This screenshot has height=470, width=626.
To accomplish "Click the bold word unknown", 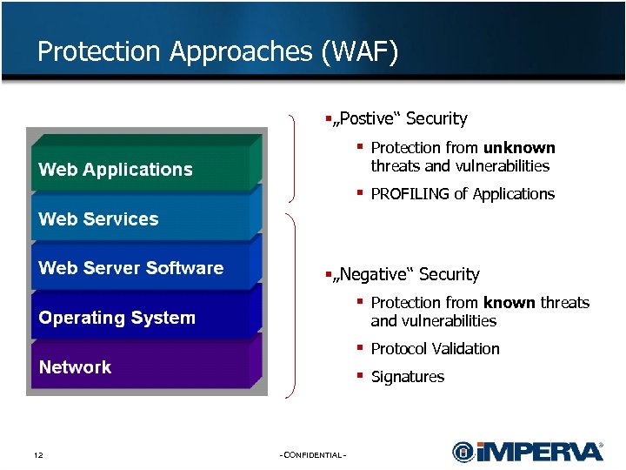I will pos(519,148).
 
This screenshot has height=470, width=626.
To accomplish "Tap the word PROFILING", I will pos(410,194).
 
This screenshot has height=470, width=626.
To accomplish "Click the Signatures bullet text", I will pos(407,377).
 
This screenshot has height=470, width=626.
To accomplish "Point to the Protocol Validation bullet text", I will pos(435,349).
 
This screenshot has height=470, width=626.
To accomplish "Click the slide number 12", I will pos(38,456).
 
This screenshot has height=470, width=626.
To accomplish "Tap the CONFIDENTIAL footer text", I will pos(313,456).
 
